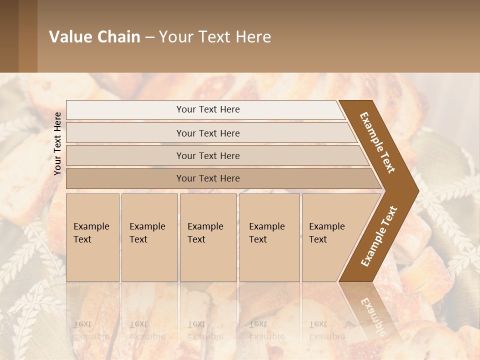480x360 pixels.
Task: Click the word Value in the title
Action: click(69, 37)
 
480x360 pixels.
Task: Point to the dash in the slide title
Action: click(149, 37)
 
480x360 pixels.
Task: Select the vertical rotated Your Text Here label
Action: click(57, 143)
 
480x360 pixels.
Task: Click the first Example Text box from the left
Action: click(92, 237)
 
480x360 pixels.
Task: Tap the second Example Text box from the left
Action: click(149, 237)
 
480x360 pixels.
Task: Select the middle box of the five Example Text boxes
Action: click(208, 237)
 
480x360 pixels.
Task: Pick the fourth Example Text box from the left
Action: click(269, 237)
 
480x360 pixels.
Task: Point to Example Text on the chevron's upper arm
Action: click(377, 142)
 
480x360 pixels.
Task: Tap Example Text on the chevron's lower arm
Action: click(379, 236)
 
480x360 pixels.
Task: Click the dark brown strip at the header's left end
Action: click(9, 36)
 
